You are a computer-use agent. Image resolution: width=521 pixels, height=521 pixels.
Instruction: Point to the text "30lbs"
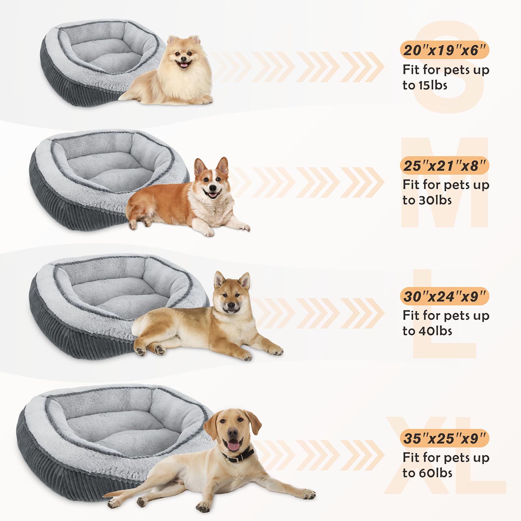coord(433,200)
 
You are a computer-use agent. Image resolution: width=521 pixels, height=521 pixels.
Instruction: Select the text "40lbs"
coord(433,331)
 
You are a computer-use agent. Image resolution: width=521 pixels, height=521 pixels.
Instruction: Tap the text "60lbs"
coord(433,473)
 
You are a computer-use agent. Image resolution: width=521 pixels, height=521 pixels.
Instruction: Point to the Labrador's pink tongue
coord(233,446)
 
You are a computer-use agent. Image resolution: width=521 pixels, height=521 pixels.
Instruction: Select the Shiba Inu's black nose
coord(231,306)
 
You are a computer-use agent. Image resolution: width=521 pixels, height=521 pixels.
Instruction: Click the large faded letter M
coord(444,182)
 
